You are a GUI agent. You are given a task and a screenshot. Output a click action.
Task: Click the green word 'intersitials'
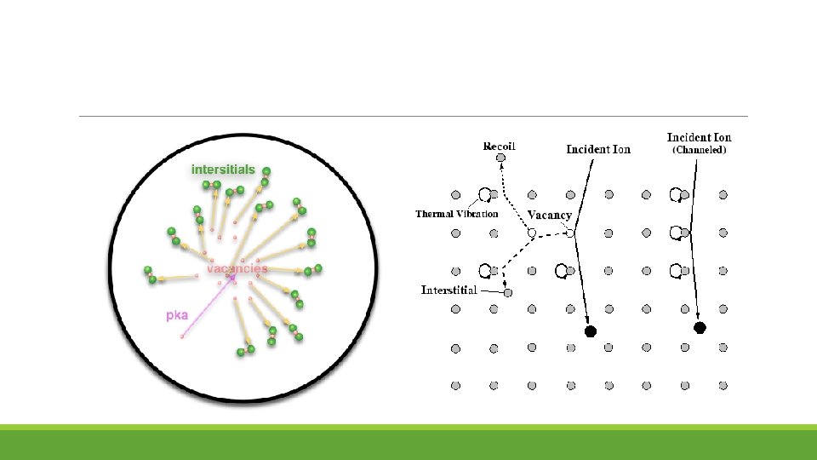[223, 170]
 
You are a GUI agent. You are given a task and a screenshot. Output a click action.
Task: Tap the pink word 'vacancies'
[237, 268]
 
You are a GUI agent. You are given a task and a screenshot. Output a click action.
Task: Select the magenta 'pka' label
[176, 315]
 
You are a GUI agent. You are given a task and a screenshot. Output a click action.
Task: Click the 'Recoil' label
[499, 146]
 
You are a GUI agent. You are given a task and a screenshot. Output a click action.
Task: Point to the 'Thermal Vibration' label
[456, 214]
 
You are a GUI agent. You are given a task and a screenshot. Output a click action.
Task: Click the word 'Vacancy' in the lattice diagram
[549, 216]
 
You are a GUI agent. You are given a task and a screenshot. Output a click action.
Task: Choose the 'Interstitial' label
[449, 290]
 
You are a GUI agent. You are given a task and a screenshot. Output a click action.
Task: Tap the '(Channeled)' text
[699, 151]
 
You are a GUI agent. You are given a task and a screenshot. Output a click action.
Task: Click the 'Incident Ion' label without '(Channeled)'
[598, 149]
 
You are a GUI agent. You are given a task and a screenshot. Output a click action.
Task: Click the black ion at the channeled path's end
[700, 327]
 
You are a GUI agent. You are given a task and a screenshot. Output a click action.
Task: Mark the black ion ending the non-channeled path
[590, 330]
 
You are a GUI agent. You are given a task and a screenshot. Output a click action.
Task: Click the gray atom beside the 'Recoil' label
[501, 158]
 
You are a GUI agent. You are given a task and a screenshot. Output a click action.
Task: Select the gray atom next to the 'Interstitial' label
[508, 293]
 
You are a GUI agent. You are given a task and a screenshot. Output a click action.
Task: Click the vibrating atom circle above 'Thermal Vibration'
[484, 195]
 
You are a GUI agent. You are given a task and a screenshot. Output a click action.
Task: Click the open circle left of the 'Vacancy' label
[532, 233]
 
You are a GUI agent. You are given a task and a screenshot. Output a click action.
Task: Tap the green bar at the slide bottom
[408, 443]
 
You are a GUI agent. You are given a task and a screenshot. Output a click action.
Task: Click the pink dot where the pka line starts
[181, 336]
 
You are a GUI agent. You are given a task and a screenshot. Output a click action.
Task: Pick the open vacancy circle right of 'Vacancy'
[571, 233]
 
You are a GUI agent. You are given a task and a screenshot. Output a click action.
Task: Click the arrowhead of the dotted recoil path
[500, 170]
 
